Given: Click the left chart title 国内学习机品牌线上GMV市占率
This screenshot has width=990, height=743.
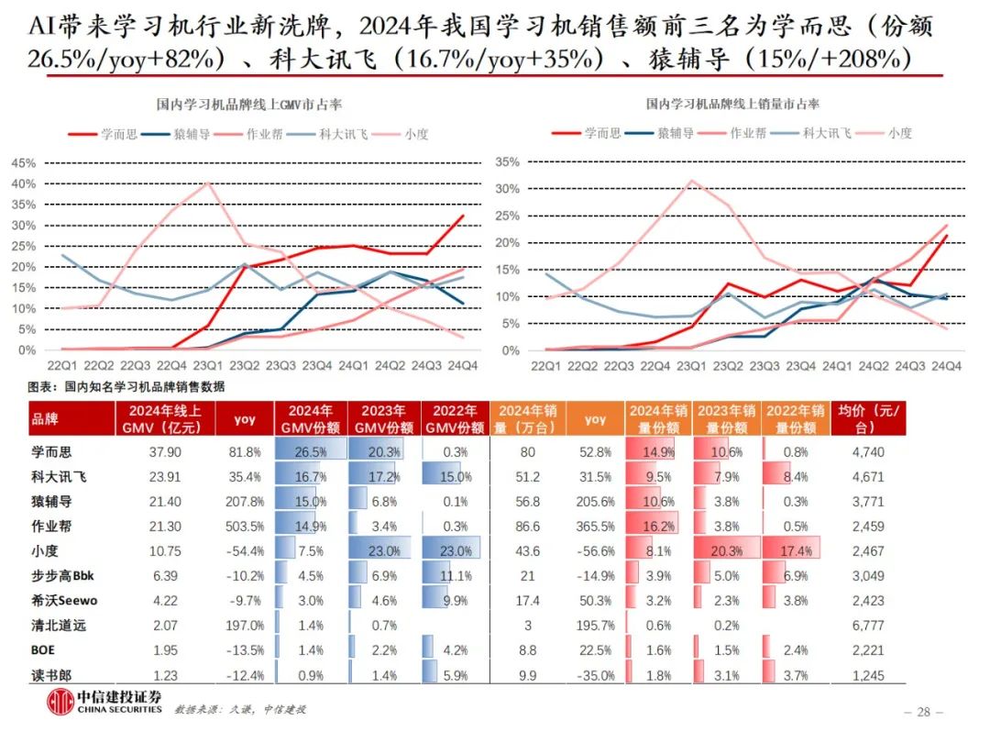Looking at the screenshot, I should point(249,105).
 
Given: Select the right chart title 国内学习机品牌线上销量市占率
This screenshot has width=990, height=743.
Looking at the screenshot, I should point(732,105).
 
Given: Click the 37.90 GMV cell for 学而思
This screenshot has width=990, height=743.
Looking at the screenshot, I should point(162,452).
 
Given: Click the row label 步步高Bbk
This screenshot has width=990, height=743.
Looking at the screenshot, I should point(65,577).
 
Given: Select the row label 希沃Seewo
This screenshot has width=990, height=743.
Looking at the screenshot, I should point(65,601).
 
